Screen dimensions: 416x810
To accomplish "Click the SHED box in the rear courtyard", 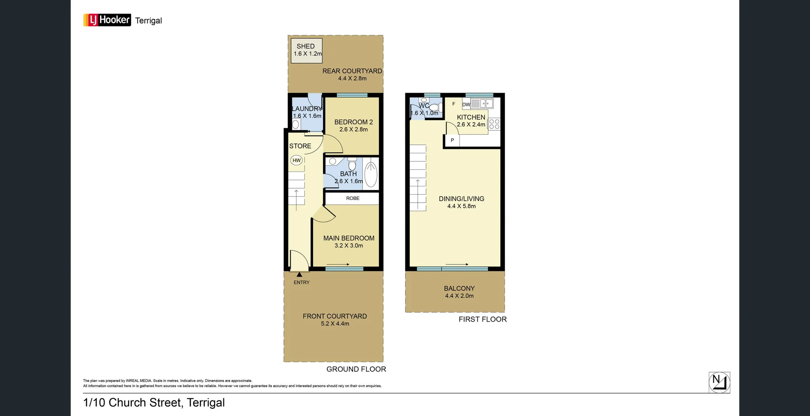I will (x=307, y=51).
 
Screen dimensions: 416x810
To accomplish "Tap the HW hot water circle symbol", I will (x=297, y=160).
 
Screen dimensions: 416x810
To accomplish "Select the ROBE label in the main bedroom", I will (x=353, y=198).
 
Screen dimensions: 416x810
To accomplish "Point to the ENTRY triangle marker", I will (x=299, y=275).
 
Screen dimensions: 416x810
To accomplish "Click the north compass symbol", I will (x=719, y=382).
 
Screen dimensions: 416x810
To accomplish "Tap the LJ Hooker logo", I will (x=107, y=20).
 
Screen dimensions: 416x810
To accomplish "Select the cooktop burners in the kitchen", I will (x=494, y=124).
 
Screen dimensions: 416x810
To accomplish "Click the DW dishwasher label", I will (x=466, y=105).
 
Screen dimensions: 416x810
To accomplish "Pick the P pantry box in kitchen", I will (x=452, y=140).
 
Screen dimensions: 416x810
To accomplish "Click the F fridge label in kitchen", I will (x=454, y=104).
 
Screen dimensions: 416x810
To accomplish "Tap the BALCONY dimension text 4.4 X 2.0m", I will (x=459, y=296).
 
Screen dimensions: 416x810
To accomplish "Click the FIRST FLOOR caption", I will (x=483, y=319).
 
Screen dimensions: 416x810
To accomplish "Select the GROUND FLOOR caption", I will (x=356, y=369).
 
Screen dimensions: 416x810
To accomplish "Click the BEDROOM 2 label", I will (x=354, y=122).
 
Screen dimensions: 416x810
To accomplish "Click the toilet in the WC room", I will (x=434, y=107).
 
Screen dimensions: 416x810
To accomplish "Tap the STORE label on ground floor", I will (x=300, y=146).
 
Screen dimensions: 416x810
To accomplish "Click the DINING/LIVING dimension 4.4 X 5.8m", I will (x=461, y=206).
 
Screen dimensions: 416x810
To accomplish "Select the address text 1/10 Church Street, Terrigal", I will (x=154, y=403).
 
